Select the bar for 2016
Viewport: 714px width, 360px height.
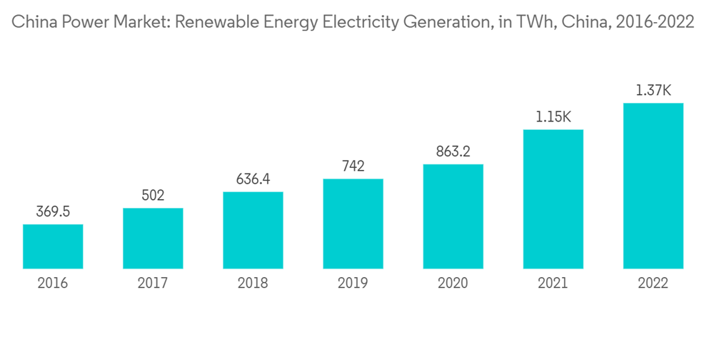click(x=53, y=246)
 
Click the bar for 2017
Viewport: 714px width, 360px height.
click(x=153, y=239)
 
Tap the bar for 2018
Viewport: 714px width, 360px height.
click(x=253, y=230)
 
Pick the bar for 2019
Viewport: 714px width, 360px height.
click(x=353, y=224)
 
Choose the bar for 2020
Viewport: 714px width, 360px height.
click(x=453, y=216)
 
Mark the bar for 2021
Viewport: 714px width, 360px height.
click(x=553, y=199)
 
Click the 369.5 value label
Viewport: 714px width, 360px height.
click(x=53, y=211)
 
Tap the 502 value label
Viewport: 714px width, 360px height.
click(x=153, y=195)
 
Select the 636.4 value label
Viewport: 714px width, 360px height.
click(x=253, y=179)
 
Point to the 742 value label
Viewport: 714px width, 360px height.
click(x=353, y=166)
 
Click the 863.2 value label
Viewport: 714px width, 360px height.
click(x=453, y=151)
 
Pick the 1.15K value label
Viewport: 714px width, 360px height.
click(x=553, y=116)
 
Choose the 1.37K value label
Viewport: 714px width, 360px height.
click(x=653, y=90)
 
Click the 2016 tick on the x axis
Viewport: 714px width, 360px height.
click(x=53, y=284)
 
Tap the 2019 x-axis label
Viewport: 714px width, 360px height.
click(x=353, y=284)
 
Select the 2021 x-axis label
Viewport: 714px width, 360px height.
click(x=553, y=284)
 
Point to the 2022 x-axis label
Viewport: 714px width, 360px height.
click(x=653, y=284)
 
